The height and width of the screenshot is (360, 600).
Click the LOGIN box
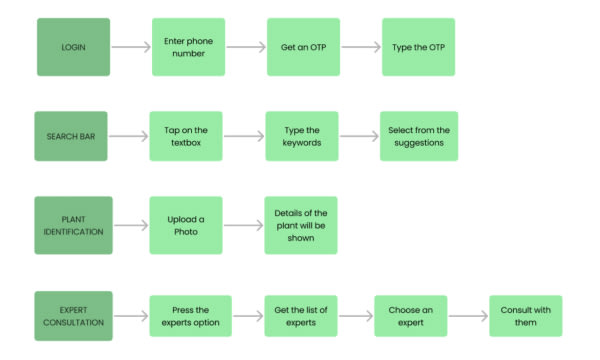[x=74, y=47]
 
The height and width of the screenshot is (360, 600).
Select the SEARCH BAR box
[x=70, y=136]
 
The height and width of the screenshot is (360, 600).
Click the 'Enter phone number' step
[x=188, y=47]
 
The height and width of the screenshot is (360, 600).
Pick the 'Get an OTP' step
[x=303, y=47]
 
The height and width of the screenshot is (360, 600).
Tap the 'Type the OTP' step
[x=418, y=47]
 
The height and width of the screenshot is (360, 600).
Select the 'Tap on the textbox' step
[x=185, y=136]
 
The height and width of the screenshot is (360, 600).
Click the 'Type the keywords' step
[x=302, y=136]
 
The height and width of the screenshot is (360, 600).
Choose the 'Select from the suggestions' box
[x=418, y=136]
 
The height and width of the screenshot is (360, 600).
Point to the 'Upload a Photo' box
[x=185, y=225]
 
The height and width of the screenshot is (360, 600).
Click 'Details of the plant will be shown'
[x=300, y=225]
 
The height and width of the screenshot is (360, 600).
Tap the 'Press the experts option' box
[x=190, y=316]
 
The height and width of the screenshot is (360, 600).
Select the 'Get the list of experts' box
[x=302, y=316]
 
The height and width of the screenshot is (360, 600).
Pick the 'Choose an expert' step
[x=411, y=316]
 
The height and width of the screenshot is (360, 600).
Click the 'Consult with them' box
[x=525, y=316]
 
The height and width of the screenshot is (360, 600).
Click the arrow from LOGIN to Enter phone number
[x=130, y=47]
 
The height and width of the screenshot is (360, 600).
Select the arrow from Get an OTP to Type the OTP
[x=360, y=47]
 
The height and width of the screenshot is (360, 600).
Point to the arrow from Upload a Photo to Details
[x=242, y=225]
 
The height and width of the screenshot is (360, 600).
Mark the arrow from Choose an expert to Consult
[x=468, y=316]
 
